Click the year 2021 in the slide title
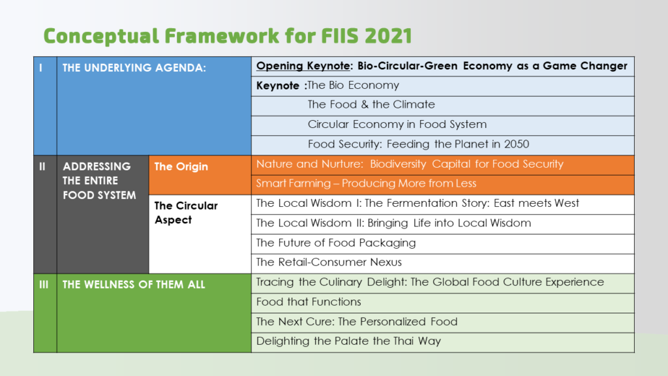[388, 36]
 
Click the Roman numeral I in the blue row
[40, 68]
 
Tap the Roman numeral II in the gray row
[42, 166]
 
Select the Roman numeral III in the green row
[44, 285]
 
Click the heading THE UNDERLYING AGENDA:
[134, 68]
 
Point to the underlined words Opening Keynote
[303, 66]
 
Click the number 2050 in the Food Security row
[517, 144]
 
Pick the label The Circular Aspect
[186, 213]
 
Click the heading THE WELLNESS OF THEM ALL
[134, 285]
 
